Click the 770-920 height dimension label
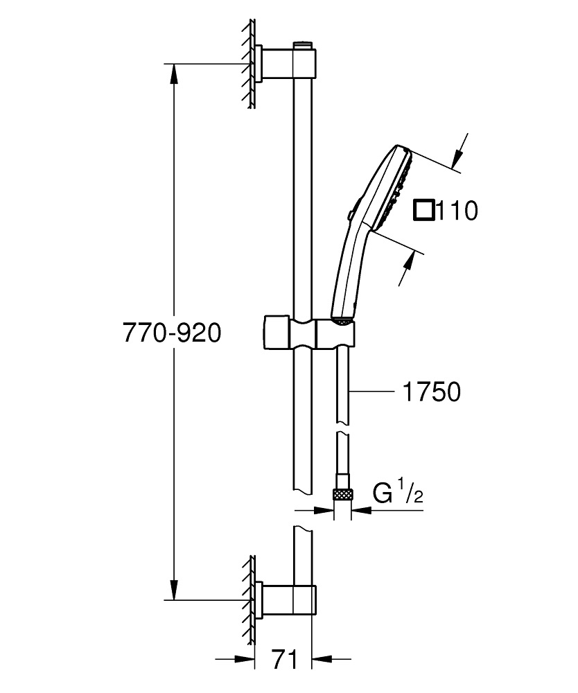pos(172,333)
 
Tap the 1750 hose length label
pos(430,392)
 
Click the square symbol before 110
pos(423,210)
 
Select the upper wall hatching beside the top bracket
pos(247,64)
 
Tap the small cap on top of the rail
pos(302,45)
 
